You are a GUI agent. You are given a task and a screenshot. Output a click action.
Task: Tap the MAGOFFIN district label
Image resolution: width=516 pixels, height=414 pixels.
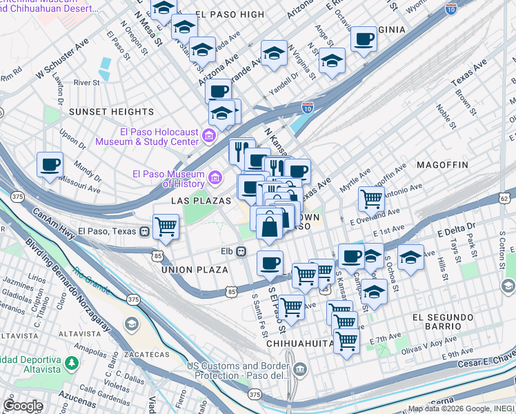pyautogui.click(x=442, y=165)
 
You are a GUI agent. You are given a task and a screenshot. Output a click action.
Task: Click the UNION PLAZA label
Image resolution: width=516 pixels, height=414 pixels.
pyautogui.click(x=194, y=270)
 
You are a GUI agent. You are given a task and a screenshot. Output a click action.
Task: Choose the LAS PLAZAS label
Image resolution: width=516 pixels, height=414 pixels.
pyautogui.click(x=195, y=199)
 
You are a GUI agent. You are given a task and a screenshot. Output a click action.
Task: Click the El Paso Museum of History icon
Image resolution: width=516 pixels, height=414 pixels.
pyautogui.click(x=216, y=179)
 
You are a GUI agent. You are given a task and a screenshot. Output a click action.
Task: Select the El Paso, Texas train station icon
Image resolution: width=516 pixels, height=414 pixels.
pyautogui.click(x=144, y=231)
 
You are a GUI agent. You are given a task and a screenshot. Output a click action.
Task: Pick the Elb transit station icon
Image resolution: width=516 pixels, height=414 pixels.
pyautogui.click(x=241, y=252)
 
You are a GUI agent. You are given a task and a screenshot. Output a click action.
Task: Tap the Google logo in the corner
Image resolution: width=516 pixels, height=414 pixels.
pyautogui.click(x=23, y=406)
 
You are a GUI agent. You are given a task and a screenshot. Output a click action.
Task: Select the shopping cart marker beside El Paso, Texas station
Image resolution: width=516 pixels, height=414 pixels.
pyautogui.click(x=166, y=226)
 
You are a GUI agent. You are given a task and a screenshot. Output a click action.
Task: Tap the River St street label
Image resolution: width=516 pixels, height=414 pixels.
pyautogui.click(x=87, y=83)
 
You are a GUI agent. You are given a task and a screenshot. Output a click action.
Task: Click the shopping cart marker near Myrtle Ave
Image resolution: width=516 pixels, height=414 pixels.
pyautogui.click(x=371, y=199)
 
